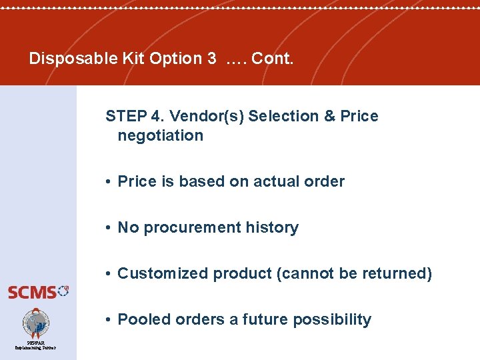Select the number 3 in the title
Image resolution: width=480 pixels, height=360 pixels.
coord(211,59)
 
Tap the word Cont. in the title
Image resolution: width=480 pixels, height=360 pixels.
coord(272,59)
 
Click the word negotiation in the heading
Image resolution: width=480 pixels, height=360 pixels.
coord(160,135)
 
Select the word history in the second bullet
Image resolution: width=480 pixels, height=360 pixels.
coord(273,227)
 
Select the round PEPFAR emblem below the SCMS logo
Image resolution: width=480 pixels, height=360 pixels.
coord(36,323)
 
